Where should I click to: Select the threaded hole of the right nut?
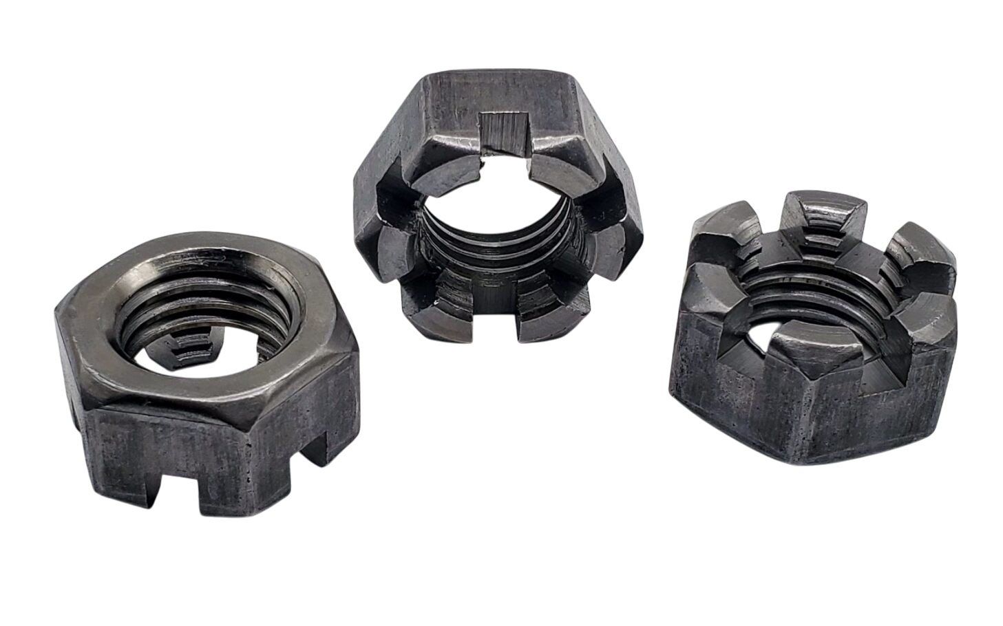point(812,303)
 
